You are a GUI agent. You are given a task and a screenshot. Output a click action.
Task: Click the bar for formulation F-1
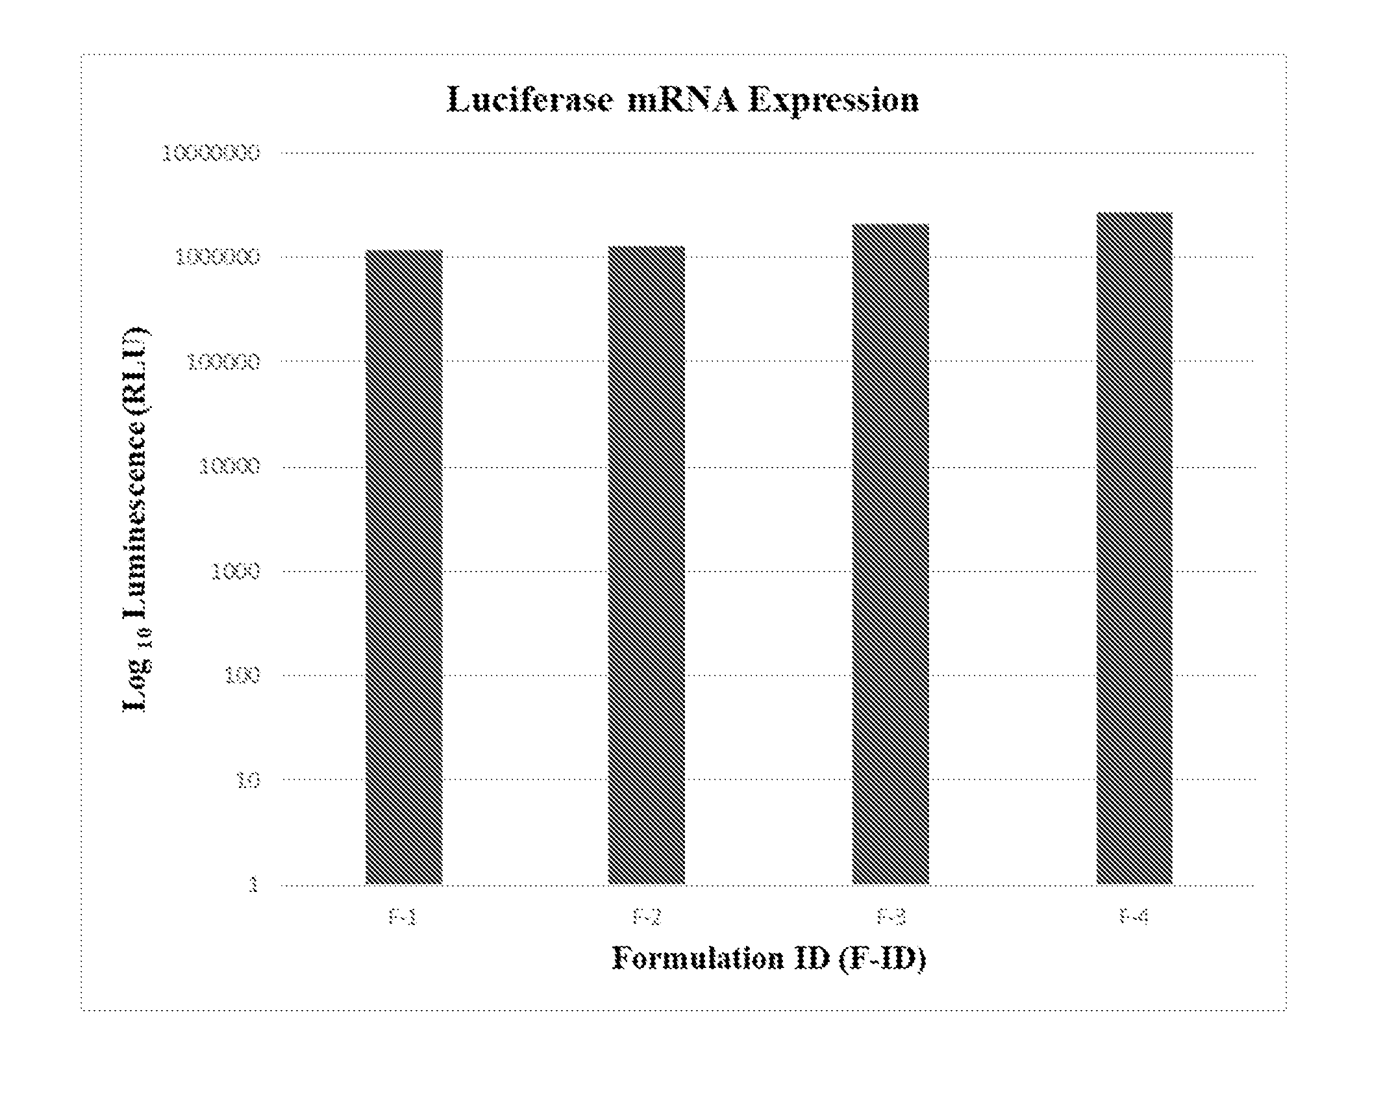pos(404,566)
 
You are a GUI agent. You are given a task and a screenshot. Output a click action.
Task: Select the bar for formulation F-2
pos(646,565)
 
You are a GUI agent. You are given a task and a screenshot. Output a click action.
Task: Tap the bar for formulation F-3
pos(890,553)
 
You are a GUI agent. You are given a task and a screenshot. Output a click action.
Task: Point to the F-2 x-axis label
pos(647,917)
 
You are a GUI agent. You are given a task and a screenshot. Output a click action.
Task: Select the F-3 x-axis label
pos(891,917)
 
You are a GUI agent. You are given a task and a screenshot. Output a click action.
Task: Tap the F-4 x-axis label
pos(1134,917)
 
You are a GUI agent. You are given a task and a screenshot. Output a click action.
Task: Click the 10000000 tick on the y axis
pos(211,153)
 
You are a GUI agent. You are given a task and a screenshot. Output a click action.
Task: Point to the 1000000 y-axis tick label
pos(217,258)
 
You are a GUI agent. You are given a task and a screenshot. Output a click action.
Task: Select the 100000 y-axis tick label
pos(224,362)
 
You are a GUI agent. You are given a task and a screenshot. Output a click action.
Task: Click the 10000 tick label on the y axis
pos(230,466)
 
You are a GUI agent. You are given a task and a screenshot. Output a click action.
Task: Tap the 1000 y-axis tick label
pos(236,572)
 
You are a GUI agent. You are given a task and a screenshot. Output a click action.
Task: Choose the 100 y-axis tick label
pos(242,676)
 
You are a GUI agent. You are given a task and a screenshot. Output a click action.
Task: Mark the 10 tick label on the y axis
pos(248,780)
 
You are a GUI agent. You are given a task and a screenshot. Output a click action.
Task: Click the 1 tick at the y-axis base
pos(254,885)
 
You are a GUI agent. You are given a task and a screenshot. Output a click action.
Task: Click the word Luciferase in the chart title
pos(530,101)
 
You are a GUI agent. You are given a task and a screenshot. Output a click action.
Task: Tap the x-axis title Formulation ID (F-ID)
pos(769,959)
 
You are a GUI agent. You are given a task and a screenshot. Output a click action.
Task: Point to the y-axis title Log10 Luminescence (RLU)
pos(137,520)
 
